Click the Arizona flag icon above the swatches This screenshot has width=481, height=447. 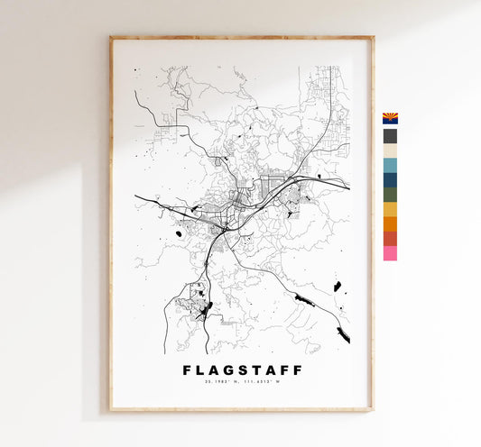point(390,118)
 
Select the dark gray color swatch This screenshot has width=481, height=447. point(390,136)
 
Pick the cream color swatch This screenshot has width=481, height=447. point(390,151)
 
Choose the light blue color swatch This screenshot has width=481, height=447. point(390,165)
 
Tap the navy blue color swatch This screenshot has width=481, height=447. point(390,180)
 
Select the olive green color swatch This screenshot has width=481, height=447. point(390,195)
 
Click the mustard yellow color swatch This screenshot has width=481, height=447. point(390,209)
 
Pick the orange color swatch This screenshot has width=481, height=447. point(390,224)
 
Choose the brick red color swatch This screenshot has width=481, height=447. point(390,239)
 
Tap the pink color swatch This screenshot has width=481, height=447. point(390,253)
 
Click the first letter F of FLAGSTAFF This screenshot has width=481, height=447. point(186,369)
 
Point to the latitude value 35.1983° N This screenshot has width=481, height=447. point(220,383)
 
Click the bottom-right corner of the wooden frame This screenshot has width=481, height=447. point(372,410)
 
